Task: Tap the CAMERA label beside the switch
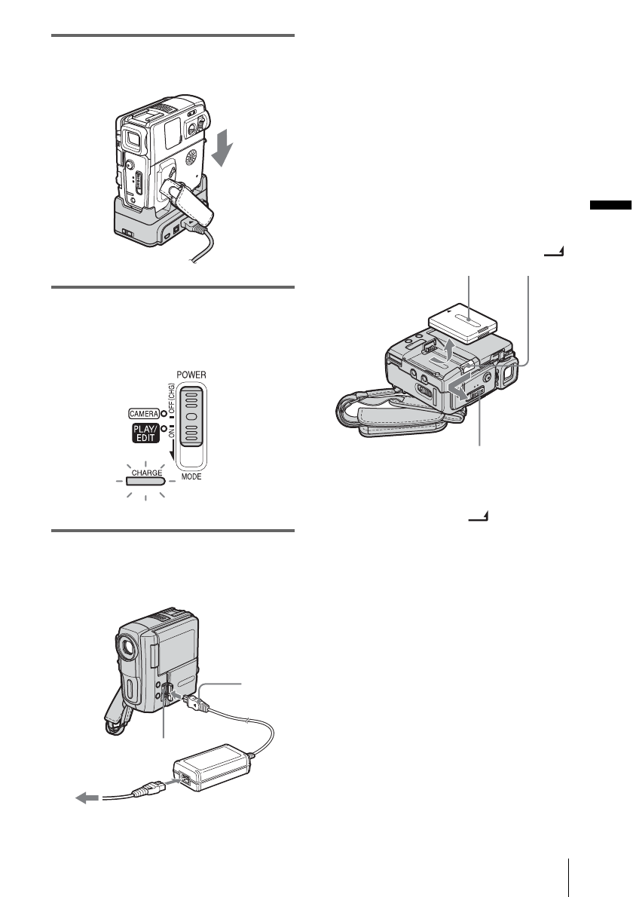tap(141, 412)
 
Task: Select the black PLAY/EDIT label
tap(140, 435)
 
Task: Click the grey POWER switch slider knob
tap(194, 417)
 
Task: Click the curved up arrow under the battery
tap(449, 348)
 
